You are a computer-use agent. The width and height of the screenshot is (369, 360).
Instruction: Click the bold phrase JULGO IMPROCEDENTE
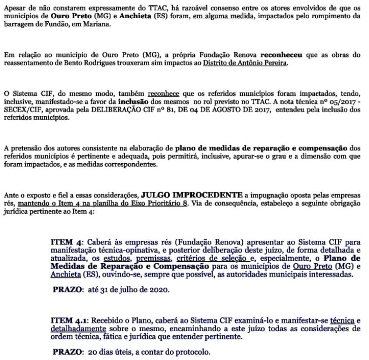191,195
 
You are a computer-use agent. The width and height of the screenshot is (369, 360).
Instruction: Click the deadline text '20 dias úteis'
111,352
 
